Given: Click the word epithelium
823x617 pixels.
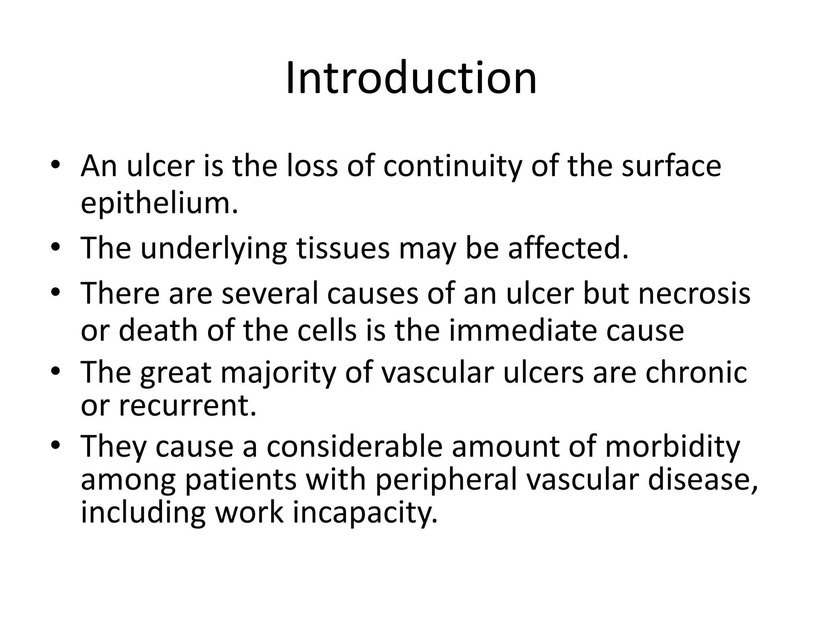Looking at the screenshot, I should (x=159, y=203).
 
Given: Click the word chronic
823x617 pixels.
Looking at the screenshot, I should (x=696, y=372).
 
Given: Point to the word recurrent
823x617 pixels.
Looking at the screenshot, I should (x=187, y=406).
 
